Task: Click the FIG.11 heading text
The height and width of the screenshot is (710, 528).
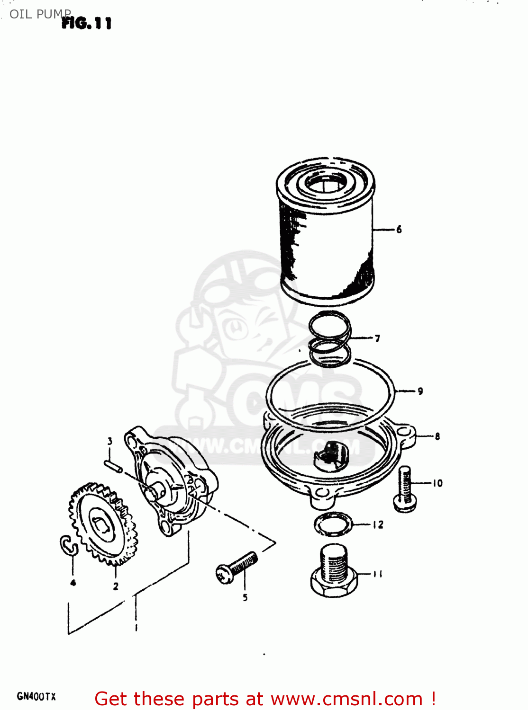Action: click(87, 23)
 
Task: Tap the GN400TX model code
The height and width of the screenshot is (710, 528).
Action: click(36, 696)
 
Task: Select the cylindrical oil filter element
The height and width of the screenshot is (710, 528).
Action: click(326, 232)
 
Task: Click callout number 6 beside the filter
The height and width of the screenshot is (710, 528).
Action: click(399, 230)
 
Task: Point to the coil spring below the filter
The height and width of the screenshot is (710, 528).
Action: click(330, 339)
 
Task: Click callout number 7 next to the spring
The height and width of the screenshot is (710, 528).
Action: click(377, 338)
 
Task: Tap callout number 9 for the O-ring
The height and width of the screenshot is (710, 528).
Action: click(420, 391)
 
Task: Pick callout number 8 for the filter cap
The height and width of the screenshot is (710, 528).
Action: click(437, 436)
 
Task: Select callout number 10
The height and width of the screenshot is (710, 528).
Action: click(437, 483)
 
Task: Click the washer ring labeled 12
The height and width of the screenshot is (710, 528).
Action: click(333, 524)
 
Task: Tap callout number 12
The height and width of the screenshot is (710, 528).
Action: click(378, 524)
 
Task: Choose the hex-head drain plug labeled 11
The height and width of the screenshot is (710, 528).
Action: click(334, 571)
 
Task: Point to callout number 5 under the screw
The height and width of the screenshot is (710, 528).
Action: click(245, 597)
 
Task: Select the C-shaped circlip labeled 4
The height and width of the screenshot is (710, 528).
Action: click(68, 545)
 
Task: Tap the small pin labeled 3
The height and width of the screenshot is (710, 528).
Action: click(114, 465)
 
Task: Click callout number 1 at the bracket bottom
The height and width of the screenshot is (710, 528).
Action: click(137, 628)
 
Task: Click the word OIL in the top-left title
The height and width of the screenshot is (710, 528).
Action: click(20, 14)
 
